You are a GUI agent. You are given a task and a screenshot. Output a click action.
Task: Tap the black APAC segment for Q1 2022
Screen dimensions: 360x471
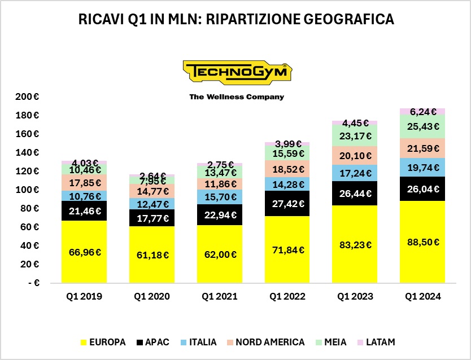tap(287, 204)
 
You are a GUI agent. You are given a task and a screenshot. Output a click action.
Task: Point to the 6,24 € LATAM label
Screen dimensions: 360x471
tap(422, 112)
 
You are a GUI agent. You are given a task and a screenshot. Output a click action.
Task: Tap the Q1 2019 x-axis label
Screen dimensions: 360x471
tap(85, 295)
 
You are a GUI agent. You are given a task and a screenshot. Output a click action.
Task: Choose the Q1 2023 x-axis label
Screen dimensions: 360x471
tap(355, 295)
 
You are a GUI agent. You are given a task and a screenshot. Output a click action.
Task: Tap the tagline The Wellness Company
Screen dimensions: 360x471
tap(237, 97)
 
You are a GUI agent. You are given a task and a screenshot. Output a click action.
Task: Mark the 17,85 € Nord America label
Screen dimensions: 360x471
tap(85, 182)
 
